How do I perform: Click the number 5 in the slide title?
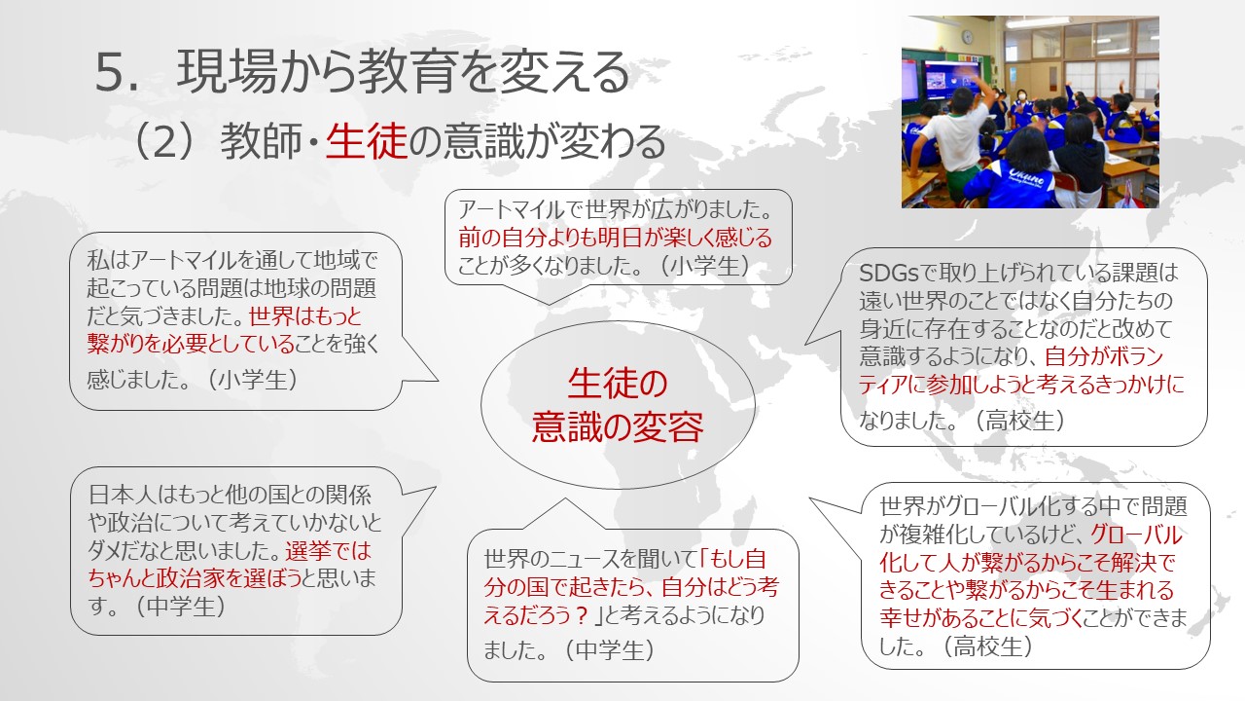point(111,72)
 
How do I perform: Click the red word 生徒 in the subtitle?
point(367,141)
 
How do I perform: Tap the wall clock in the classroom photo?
point(968,37)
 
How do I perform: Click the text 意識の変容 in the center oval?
point(618,427)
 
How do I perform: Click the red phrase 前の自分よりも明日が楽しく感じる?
point(616,239)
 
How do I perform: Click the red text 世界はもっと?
point(305,316)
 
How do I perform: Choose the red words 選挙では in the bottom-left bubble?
point(328,551)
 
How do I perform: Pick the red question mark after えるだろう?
point(582,615)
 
